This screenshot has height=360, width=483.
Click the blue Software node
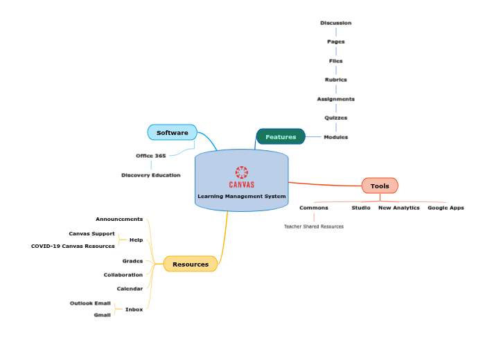172,132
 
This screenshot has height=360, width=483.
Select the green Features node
281,136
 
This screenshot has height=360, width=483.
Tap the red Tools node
380,186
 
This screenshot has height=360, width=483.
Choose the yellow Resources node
191,264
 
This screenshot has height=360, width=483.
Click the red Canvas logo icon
241,172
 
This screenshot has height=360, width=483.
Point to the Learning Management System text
241,196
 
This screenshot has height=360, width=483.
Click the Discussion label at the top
335,23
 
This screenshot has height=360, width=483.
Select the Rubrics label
335,80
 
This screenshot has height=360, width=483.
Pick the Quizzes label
335,118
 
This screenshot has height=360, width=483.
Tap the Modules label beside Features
335,137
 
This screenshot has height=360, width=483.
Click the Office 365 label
150,156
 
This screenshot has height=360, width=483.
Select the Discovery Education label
150,175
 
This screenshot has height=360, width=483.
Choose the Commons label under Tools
313,208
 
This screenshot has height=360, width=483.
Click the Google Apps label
446,208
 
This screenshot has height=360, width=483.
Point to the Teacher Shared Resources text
313,226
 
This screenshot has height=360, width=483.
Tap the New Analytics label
398,208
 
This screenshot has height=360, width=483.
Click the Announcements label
119,219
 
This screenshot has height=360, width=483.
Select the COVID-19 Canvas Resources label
73,246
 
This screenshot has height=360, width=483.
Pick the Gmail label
102,315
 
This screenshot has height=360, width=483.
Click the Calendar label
130,289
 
